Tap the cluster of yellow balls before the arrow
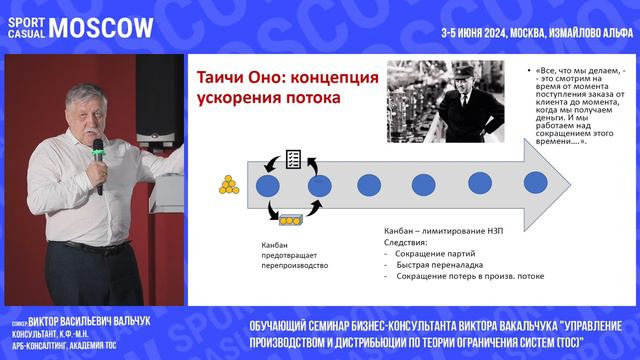(229, 185)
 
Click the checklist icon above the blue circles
(294, 158)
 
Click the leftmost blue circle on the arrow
(267, 185)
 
